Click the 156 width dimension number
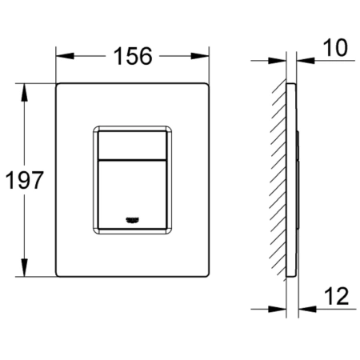(x=133, y=56)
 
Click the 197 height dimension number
(x=24, y=180)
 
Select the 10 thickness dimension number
(x=335, y=48)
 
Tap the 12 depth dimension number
(x=337, y=296)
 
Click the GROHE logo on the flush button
(x=133, y=220)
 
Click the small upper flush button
(x=132, y=146)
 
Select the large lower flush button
(x=132, y=194)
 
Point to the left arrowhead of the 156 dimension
(x=65, y=56)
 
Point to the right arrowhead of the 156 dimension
(x=200, y=56)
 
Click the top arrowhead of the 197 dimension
(x=24, y=92)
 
